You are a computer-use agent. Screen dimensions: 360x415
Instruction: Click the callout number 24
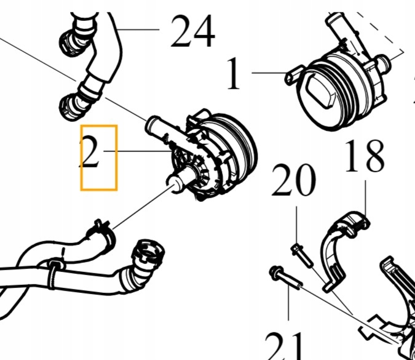click(x=192, y=32)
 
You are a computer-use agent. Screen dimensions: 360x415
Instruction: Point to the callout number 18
click(x=365, y=157)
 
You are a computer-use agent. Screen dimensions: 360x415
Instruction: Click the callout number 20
click(x=294, y=182)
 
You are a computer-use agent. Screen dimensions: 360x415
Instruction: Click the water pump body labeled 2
click(x=215, y=154)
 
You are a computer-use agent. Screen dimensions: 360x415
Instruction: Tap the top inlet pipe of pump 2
click(x=159, y=129)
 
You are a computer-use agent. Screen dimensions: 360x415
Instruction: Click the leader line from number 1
click(x=271, y=73)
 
